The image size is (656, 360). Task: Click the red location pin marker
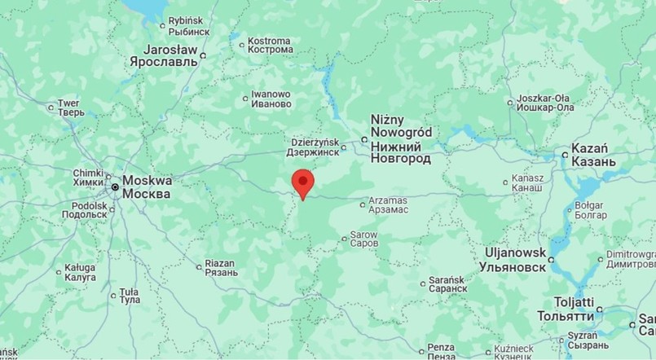click(x=302, y=183)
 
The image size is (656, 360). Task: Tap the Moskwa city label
click(x=147, y=187)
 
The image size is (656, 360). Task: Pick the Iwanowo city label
click(x=271, y=99)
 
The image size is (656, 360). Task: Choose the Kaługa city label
click(x=80, y=273)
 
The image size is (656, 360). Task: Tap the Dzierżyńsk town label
click(x=314, y=147)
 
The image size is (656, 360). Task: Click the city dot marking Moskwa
click(x=116, y=187)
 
